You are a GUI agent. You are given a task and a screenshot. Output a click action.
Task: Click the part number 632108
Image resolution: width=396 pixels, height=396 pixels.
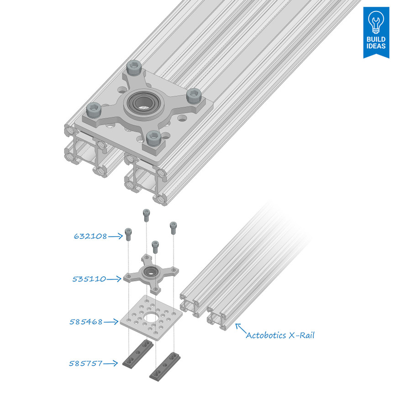[x=90, y=236]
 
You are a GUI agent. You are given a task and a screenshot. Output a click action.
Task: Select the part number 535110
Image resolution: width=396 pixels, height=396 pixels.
[x=89, y=279]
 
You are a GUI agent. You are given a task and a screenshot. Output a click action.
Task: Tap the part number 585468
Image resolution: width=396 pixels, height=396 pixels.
[x=86, y=322]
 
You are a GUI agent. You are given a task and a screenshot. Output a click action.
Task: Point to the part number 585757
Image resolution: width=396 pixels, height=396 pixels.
[x=86, y=364]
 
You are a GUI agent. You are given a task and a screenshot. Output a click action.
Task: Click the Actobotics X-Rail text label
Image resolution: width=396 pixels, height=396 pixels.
[x=280, y=335]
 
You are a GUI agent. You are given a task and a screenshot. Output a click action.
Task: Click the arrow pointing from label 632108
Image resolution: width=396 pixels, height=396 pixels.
[x=116, y=236]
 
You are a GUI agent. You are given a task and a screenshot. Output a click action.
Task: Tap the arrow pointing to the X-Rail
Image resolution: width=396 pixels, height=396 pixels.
[x=239, y=327]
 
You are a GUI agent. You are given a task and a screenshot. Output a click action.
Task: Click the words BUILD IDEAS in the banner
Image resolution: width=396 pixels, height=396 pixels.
[x=376, y=43]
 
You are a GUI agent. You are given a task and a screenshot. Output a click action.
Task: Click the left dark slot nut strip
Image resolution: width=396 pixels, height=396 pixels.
[x=138, y=354]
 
